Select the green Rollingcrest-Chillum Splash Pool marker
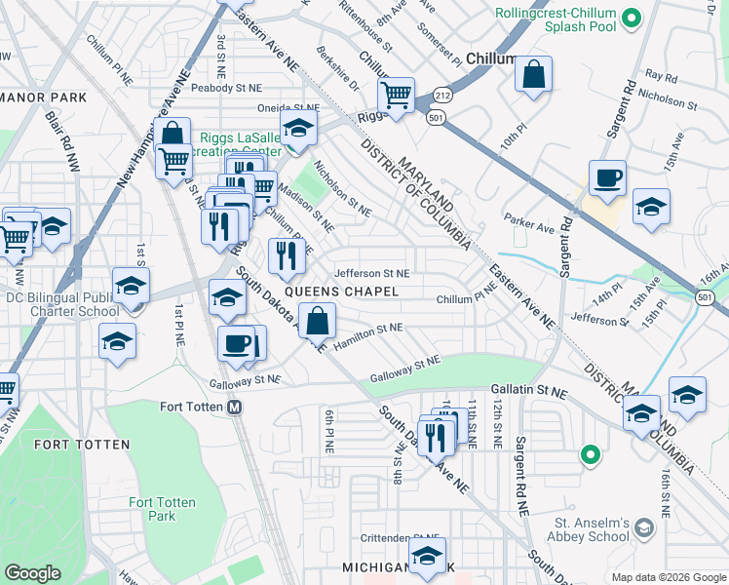click(x=631, y=17)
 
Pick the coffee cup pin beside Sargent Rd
click(x=606, y=178)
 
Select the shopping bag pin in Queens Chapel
click(x=318, y=321)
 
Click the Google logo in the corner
click(x=33, y=573)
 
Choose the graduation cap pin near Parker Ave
click(x=651, y=207)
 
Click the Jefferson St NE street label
click(x=372, y=274)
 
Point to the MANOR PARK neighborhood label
click(x=45, y=97)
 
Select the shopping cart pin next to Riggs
click(x=396, y=96)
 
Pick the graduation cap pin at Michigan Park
click(x=426, y=556)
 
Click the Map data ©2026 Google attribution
click(x=668, y=577)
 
